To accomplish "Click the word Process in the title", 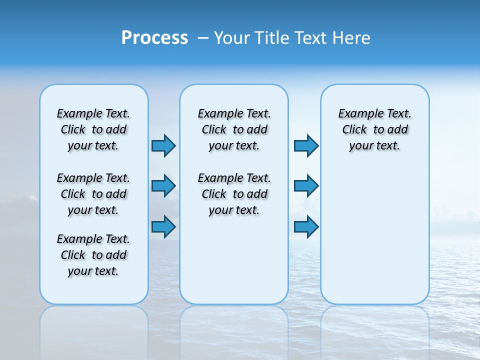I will click(154, 38).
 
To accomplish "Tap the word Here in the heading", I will click(351, 38).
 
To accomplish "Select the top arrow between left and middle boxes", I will click(163, 146).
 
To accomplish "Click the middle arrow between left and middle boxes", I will click(163, 186).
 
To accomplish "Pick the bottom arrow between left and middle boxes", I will click(163, 226).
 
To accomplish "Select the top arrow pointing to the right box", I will click(306, 146).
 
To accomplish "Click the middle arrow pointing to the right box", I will click(306, 186).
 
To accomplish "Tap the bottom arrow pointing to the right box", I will click(306, 226).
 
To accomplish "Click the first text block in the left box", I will click(93, 129).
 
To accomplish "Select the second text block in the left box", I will click(93, 194).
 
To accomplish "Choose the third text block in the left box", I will click(93, 255).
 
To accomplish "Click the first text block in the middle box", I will click(234, 129).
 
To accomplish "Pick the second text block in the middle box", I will click(234, 194).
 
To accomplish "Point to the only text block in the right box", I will click(374, 129).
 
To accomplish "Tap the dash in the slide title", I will click(203, 38).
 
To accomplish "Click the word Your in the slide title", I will click(231, 38).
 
